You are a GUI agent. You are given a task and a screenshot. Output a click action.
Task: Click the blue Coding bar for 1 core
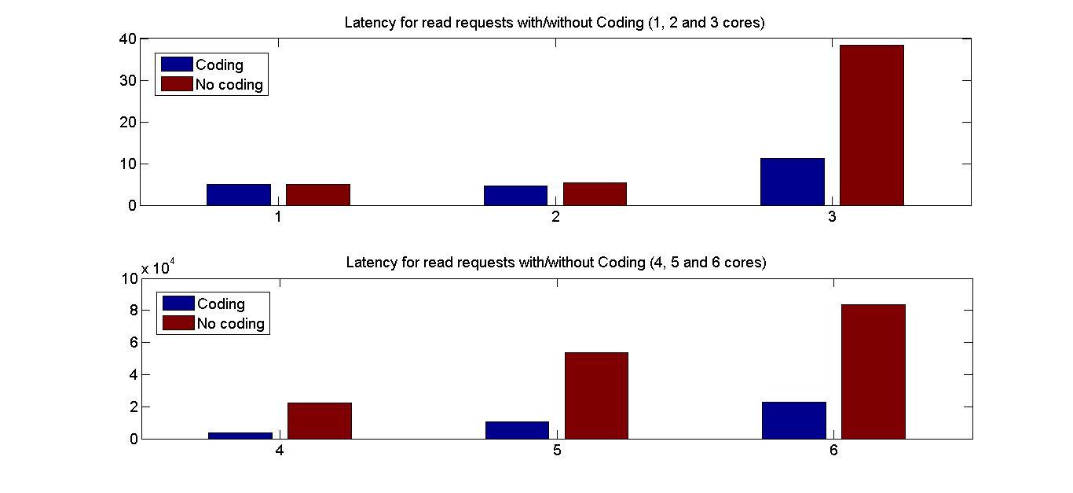point(239,195)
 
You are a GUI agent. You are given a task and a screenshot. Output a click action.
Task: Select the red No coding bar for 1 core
point(318,195)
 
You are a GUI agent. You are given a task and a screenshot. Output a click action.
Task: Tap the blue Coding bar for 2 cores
point(515,196)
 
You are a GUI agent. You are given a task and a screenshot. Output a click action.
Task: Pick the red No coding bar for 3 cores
point(872,126)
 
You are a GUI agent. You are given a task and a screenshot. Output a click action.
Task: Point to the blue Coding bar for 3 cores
point(793,182)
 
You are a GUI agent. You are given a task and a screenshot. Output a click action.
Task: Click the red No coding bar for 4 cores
point(320,421)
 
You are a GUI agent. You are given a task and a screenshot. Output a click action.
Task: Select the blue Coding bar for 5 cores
point(517,430)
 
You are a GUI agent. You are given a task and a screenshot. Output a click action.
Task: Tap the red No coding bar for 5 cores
point(596,396)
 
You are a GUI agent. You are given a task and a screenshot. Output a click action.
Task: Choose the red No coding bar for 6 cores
point(873,371)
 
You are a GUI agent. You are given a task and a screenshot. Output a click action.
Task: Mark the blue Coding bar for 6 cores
point(794,420)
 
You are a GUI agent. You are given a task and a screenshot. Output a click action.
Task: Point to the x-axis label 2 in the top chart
point(555,217)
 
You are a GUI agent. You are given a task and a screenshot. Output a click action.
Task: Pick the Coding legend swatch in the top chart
point(177,64)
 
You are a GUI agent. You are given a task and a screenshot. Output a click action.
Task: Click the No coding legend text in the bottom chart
point(230,323)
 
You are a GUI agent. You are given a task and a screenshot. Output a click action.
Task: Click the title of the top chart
point(555,23)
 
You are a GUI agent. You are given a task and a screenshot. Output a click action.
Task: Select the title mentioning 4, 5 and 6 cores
point(555,262)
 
